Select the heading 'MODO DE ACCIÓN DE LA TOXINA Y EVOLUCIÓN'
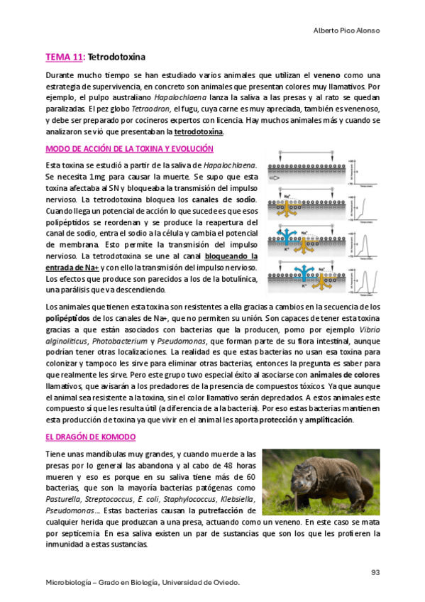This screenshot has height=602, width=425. pos(129,149)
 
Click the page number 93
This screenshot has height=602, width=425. pos(376,572)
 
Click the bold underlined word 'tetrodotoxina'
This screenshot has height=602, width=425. pos(199,131)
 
